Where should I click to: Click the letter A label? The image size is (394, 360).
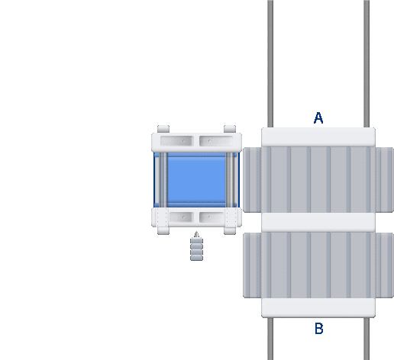(x=318, y=118)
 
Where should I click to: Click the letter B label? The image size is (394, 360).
(x=319, y=329)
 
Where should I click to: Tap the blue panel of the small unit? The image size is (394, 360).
(x=196, y=180)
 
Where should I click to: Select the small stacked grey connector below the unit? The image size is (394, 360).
(x=196, y=246)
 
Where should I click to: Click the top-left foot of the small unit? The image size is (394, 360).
(x=163, y=129)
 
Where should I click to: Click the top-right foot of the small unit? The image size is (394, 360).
(x=230, y=129)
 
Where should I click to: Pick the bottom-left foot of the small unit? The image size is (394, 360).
(x=163, y=231)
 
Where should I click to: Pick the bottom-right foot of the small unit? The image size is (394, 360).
(x=230, y=231)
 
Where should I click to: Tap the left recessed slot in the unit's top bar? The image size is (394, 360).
(x=177, y=141)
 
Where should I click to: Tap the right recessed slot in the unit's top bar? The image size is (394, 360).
(x=216, y=141)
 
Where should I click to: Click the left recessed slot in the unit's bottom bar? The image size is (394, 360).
(x=182, y=217)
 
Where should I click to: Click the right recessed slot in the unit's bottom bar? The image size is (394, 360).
(x=212, y=217)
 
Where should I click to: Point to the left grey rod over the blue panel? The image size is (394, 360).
(x=163, y=180)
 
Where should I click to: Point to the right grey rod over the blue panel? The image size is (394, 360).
(x=230, y=180)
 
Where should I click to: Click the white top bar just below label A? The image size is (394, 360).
(x=318, y=137)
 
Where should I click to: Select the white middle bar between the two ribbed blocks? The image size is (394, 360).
(x=318, y=223)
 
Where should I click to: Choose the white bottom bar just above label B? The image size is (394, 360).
(x=318, y=308)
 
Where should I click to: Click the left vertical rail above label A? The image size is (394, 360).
(x=270, y=63)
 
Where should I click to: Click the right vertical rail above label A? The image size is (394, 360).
(x=367, y=63)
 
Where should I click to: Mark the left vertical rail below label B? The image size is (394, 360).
(x=270, y=339)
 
